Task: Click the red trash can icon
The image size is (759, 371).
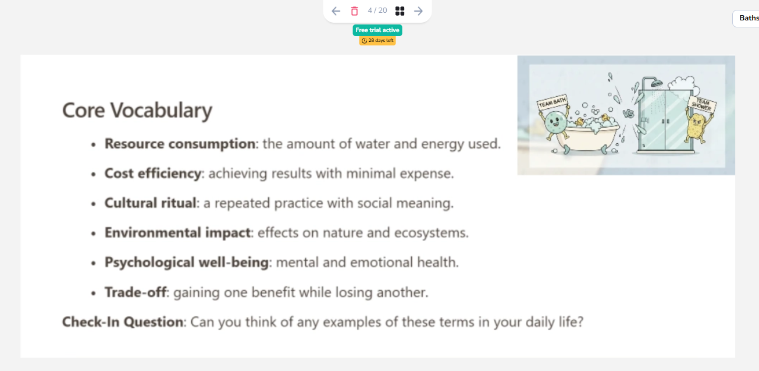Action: [x=354, y=11]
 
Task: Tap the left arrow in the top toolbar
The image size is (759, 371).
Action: [x=336, y=11]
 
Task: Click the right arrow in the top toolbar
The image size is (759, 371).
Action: [x=418, y=11]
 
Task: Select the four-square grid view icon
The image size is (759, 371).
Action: [x=400, y=11]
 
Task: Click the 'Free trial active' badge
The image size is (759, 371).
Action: [x=377, y=30]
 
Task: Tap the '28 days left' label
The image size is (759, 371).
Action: [x=377, y=41]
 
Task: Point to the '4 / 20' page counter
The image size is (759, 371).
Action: [x=377, y=10]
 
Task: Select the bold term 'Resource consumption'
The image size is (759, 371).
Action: [x=180, y=144]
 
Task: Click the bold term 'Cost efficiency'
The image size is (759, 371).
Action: [x=152, y=174]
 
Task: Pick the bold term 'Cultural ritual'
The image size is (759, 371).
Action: [x=150, y=203]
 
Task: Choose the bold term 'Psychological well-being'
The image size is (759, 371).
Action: [x=186, y=263]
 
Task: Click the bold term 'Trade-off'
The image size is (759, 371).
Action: [x=135, y=292]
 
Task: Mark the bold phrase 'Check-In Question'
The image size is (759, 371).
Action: [x=123, y=322]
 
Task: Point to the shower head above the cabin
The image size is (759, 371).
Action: [x=657, y=83]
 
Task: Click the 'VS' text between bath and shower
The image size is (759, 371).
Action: [x=628, y=113]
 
